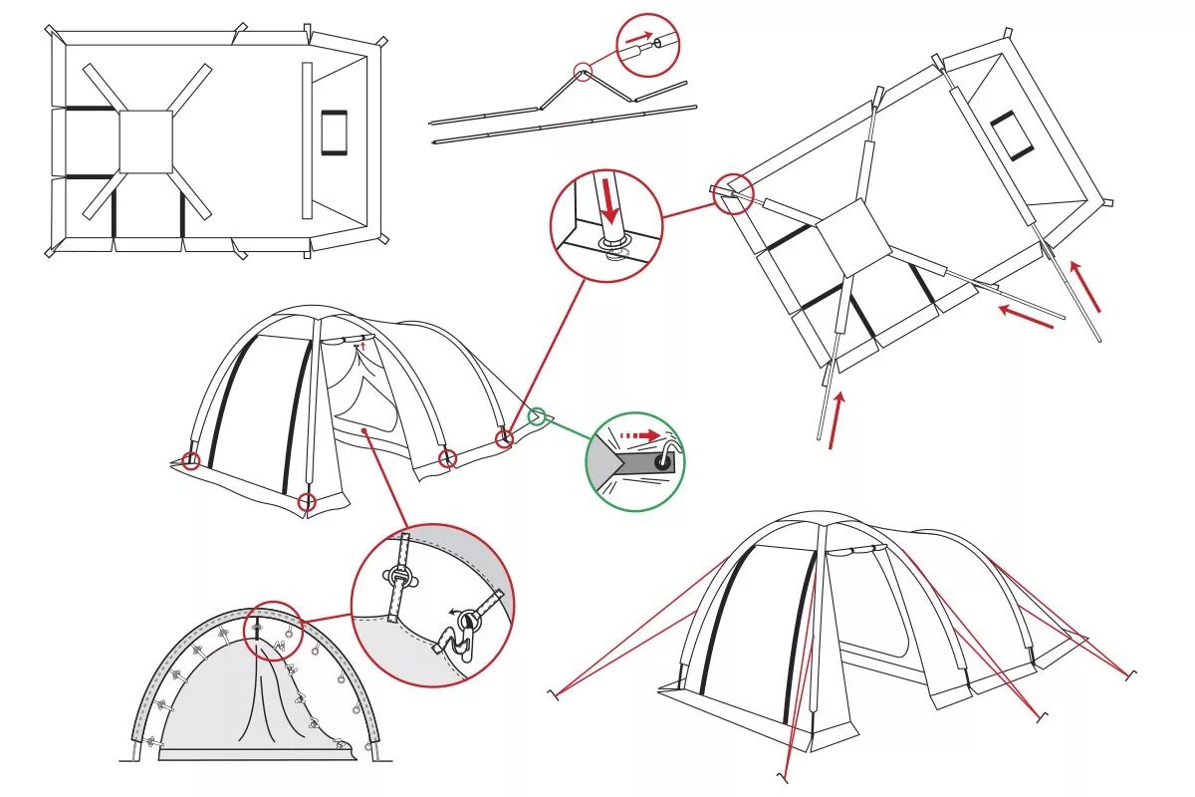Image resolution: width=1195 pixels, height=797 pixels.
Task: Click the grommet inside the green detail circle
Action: [662, 459]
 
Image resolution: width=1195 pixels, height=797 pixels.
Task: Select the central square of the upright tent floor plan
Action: [146, 141]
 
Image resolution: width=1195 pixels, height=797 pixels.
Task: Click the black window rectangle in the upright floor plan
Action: [334, 132]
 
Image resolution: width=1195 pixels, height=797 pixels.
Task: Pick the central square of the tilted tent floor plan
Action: [851, 236]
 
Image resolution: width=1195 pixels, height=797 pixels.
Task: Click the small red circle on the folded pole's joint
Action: [583, 71]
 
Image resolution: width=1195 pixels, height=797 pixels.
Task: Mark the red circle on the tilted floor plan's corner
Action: [733, 193]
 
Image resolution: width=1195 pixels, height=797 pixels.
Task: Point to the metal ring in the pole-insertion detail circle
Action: [613, 246]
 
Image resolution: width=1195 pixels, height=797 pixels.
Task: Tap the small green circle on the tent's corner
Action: [539, 415]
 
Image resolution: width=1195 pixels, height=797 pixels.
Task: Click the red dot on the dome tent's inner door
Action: [367, 430]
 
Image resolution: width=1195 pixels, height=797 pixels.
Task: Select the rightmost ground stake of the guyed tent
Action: [1130, 675]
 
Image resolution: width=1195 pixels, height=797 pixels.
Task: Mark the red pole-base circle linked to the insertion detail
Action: [504, 438]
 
